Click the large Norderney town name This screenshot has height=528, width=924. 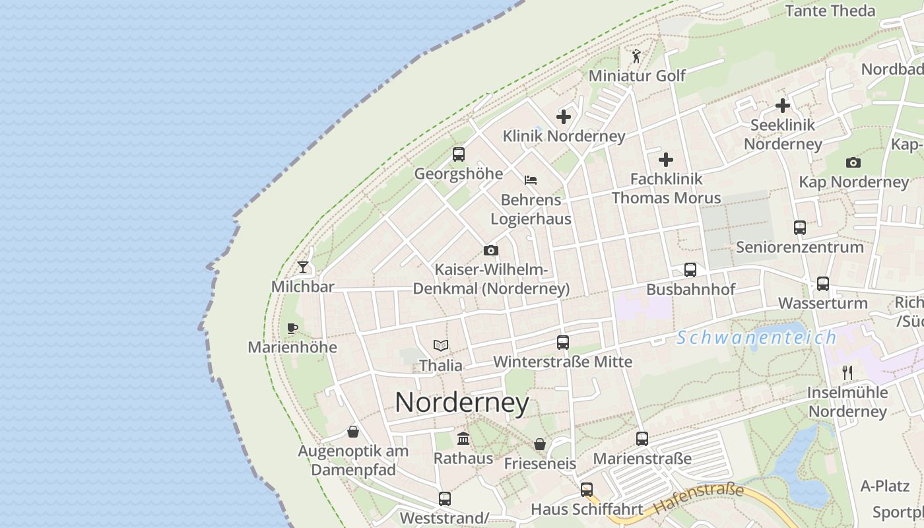click(462, 403)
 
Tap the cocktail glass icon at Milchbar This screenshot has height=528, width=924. click(303, 267)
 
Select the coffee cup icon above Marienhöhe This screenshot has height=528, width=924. click(292, 328)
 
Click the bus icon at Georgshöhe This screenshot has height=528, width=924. click(459, 154)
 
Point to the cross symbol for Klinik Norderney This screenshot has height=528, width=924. click(564, 117)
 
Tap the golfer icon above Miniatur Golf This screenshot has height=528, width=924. click(636, 56)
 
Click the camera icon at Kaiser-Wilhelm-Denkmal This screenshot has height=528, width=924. click(490, 250)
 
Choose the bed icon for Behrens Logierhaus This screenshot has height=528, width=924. click(531, 180)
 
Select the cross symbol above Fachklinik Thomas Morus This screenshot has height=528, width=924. click(666, 159)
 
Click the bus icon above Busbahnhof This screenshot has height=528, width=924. click(690, 270)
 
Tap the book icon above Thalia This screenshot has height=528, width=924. click(441, 345)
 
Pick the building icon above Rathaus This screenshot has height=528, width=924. click(463, 438)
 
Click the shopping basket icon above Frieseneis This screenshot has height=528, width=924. click(540, 444)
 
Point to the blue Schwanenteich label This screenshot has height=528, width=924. click(756, 338)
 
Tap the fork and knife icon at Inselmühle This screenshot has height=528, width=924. click(848, 373)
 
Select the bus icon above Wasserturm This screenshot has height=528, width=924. click(823, 284)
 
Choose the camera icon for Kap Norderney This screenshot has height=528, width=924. click(853, 163)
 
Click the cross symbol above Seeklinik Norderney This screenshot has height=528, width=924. click(783, 106)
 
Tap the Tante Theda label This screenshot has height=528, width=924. click(830, 11)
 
